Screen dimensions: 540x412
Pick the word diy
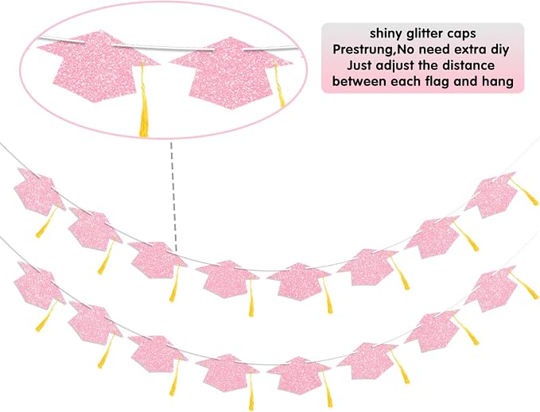(499, 50)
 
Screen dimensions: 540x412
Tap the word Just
(359, 65)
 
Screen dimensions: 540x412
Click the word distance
(468, 65)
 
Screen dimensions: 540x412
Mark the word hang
(498, 82)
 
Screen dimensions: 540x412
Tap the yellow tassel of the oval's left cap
(144, 100)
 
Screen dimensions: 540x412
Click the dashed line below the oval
(173, 196)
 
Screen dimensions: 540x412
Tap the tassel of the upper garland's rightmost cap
(524, 192)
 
